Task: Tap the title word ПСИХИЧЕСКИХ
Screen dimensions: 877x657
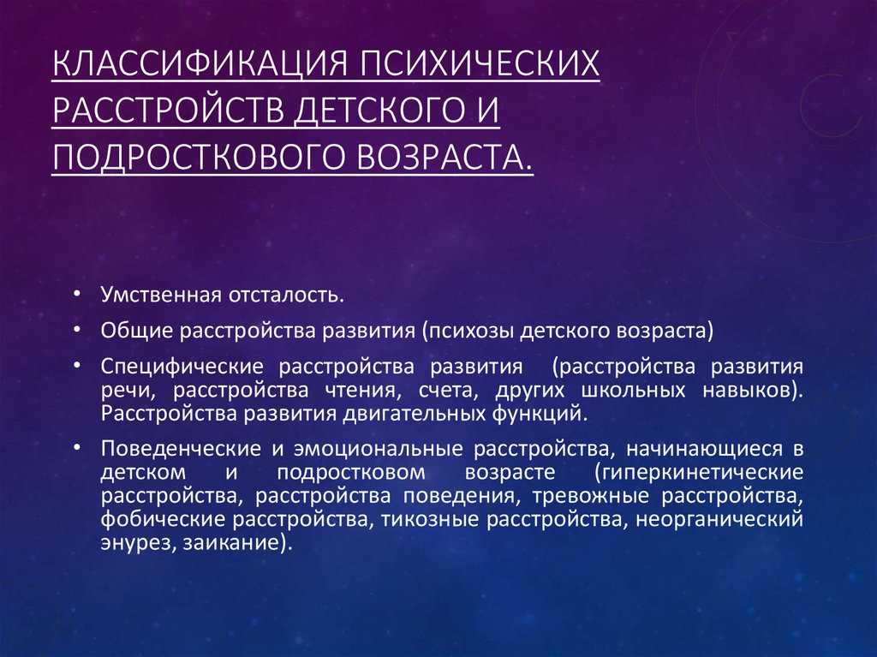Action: click(x=480, y=63)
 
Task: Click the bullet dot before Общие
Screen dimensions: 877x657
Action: click(x=77, y=331)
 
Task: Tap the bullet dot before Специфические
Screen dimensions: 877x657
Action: click(x=77, y=367)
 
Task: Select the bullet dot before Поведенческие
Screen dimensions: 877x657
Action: click(x=77, y=448)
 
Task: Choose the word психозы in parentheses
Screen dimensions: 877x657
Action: click(x=468, y=331)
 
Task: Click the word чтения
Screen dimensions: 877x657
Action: click(x=363, y=390)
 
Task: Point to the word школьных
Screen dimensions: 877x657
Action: click(x=634, y=390)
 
